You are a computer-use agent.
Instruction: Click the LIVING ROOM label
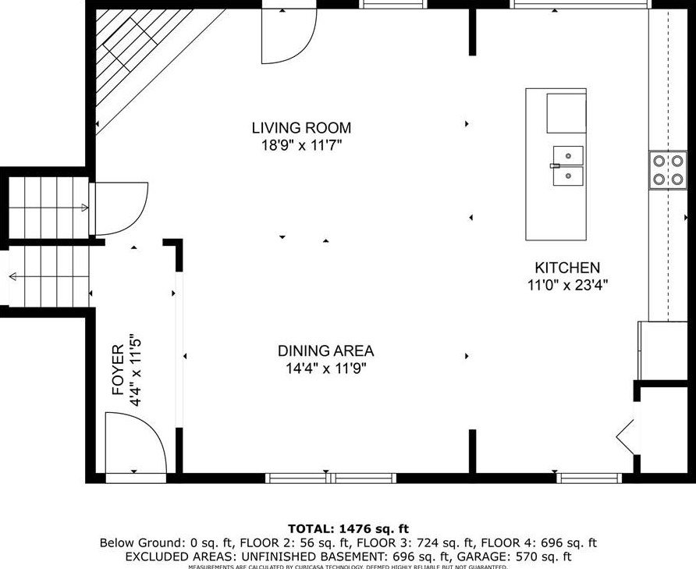[x=301, y=128]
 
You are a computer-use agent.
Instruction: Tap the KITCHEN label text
[x=566, y=268]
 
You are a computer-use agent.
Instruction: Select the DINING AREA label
[x=325, y=351]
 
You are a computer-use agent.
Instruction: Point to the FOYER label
[x=118, y=370]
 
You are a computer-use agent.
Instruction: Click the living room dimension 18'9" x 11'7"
[x=301, y=145]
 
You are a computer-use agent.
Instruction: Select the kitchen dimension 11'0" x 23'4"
[x=567, y=286]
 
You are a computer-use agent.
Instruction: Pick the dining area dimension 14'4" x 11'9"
[x=325, y=368]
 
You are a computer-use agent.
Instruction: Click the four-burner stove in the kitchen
[x=668, y=169]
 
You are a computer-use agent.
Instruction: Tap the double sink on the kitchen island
[x=568, y=165]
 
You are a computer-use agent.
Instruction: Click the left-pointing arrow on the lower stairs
[x=13, y=276]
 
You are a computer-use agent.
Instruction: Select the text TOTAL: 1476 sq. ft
[x=348, y=528]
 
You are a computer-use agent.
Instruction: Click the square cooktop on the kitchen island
[x=565, y=113]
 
